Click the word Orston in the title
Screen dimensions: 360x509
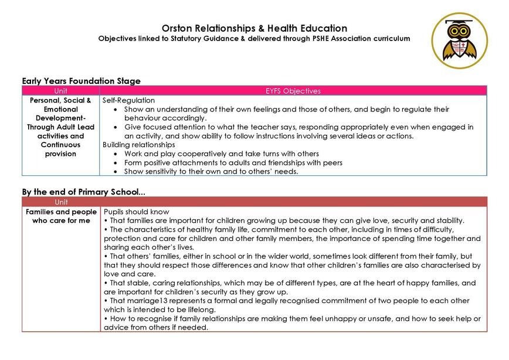pyautogui.click(x=178, y=28)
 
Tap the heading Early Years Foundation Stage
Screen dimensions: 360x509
pyautogui.click(x=81, y=81)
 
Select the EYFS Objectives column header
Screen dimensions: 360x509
pyautogui.click(x=293, y=91)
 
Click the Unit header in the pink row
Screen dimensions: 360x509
pyautogui.click(x=60, y=91)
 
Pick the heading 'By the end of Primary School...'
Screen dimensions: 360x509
pyautogui.click(x=83, y=192)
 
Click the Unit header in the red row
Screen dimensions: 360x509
pyautogui.click(x=60, y=202)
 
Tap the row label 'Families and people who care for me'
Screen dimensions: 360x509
pyautogui.click(x=61, y=216)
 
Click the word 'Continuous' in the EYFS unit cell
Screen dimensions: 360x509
pyautogui.click(x=61, y=144)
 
